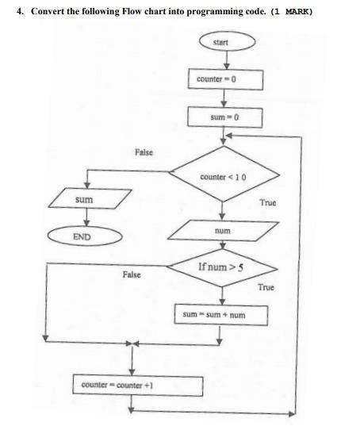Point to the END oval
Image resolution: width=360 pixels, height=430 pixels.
tap(85, 236)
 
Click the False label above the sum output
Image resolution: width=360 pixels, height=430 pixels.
tap(144, 151)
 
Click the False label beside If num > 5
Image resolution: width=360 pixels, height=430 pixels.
tap(132, 274)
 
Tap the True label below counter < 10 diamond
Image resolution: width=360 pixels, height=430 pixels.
tap(268, 203)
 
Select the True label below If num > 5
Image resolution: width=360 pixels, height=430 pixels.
tap(266, 286)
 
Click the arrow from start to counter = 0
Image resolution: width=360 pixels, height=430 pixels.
tap(226, 60)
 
